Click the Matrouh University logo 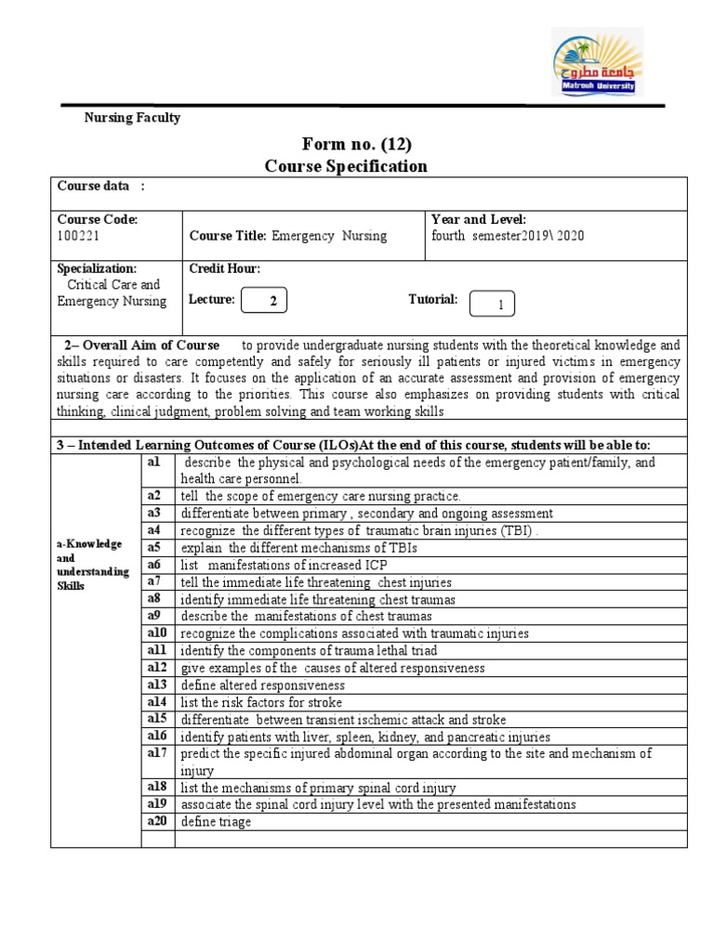[596, 61]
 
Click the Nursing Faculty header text [132, 118]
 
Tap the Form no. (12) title [357, 144]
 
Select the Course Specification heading [346, 166]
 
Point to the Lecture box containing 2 [263, 301]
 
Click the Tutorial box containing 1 [492, 304]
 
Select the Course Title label [228, 236]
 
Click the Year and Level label [479, 219]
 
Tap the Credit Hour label [225, 268]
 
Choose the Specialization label [97, 268]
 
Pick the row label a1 [154, 462]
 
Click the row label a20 [156, 821]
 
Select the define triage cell [216, 822]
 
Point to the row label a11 [156, 650]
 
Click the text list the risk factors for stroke [261, 702]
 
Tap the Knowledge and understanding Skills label [93, 565]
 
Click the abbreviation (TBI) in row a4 [517, 530]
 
